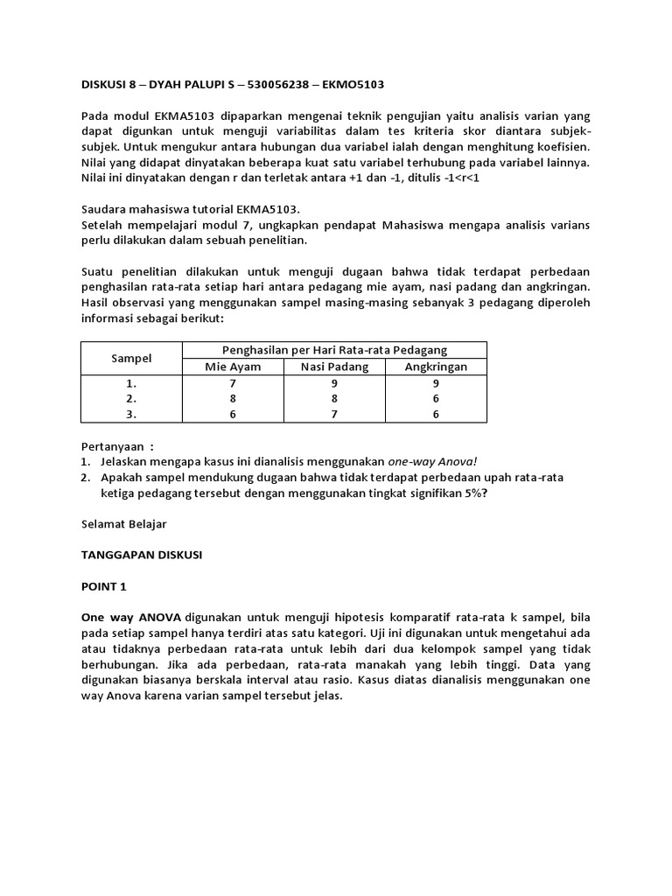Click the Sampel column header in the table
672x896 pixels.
click(131, 358)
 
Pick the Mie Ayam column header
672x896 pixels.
click(233, 367)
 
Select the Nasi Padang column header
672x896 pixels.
click(334, 367)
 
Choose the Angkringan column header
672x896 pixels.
click(436, 367)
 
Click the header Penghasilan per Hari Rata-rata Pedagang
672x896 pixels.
click(334, 350)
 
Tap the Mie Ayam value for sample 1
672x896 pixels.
click(233, 383)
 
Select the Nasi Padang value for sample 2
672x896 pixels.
click(334, 399)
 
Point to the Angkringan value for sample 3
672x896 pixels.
click(436, 415)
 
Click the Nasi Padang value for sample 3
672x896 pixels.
click(334, 415)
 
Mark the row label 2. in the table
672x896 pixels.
click(131, 399)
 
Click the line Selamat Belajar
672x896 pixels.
click(123, 523)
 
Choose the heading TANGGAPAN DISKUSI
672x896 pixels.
click(141, 555)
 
